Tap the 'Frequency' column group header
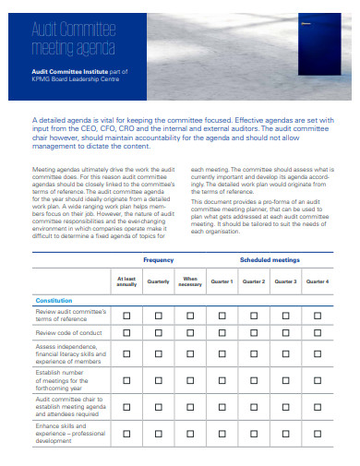point(158,260)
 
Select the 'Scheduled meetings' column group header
point(270,260)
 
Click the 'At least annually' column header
point(126,281)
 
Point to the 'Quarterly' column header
point(158,281)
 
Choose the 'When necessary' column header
point(190,281)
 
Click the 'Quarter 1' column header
point(222,281)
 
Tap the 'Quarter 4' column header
point(317,281)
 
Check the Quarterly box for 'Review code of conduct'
point(158,332)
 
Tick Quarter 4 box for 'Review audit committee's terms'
point(317,316)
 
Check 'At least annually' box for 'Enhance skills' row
point(126,434)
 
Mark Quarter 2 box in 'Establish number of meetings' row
point(254,381)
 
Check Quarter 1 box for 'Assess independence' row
point(222,354)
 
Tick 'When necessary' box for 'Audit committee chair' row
point(190,408)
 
